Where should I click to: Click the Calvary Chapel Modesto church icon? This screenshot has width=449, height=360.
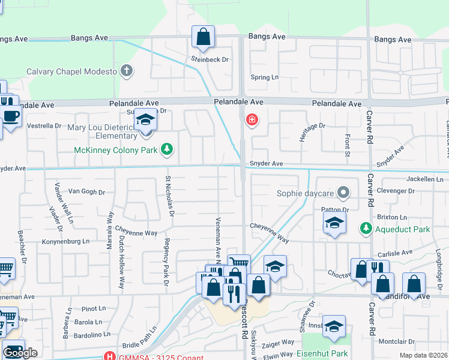click(126, 71)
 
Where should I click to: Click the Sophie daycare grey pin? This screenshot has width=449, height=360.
click(343, 193)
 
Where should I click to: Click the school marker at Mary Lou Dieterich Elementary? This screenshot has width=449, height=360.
click(145, 121)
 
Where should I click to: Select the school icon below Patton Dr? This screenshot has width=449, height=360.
click(334, 224)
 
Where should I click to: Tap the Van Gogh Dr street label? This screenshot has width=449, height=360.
click(86, 192)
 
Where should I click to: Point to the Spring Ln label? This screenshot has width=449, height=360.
click(265, 77)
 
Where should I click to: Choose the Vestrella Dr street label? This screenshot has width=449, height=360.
click(45, 126)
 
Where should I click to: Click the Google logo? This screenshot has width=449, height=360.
click(20, 353)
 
